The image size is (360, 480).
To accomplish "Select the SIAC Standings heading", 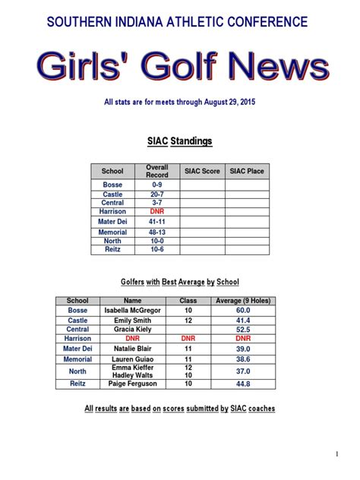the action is tap(179, 141).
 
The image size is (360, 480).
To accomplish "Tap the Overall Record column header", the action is tap(157, 171).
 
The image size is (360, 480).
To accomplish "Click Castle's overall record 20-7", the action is tap(157, 194).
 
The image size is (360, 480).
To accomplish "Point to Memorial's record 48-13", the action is tap(157, 232).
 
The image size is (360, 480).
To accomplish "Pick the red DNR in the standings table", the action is tap(157, 211).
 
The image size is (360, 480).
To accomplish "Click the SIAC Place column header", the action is tap(247, 171).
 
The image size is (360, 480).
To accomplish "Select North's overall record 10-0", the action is tap(157, 241).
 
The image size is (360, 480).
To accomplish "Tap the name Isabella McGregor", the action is tap(133, 310).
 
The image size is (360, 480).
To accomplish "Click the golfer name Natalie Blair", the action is tap(133, 349).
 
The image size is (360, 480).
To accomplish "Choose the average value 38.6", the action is tap(243, 359).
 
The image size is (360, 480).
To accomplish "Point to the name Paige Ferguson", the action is tap(133, 384).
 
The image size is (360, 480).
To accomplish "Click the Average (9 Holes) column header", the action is tap(243, 301).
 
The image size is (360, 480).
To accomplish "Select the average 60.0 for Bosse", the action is tap(243, 310).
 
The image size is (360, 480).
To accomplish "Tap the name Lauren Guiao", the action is tap(133, 359).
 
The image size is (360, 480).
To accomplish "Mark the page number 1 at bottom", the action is tap(336, 453).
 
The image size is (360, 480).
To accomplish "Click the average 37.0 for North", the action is tap(243, 371).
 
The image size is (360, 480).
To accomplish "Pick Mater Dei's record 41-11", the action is tap(157, 221).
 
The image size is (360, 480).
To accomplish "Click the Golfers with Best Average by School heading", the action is tap(179, 282).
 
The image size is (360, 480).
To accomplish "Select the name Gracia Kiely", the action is tap(133, 330).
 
